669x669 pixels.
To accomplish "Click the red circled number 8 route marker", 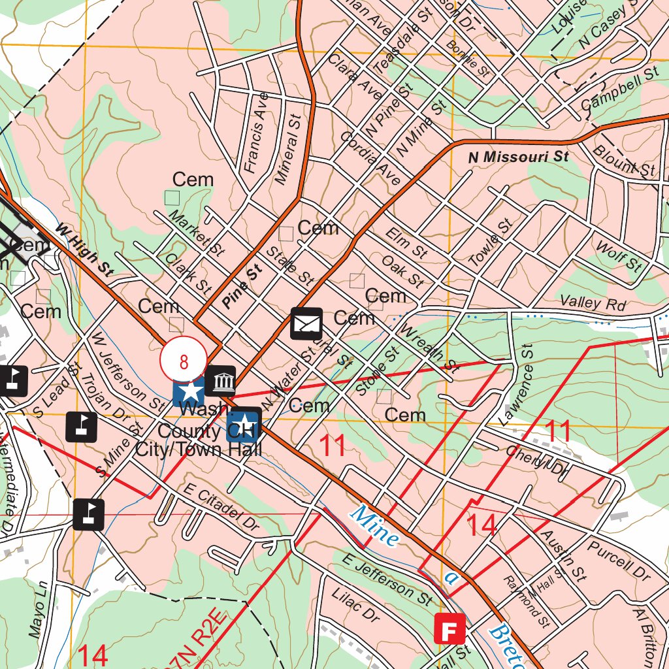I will [x=184, y=361].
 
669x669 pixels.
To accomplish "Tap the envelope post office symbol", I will [x=306, y=323].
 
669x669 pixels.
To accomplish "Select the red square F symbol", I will [x=450, y=630].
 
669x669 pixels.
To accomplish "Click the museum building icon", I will [x=220, y=380].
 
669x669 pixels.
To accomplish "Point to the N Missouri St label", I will [x=519, y=157].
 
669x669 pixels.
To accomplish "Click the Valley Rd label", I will [x=593, y=304].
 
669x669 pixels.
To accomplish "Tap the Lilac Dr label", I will [x=355, y=606].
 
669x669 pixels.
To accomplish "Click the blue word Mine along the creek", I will [x=374, y=525].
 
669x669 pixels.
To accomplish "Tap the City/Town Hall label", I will [x=199, y=449].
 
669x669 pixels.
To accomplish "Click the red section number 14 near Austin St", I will [x=482, y=526].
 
